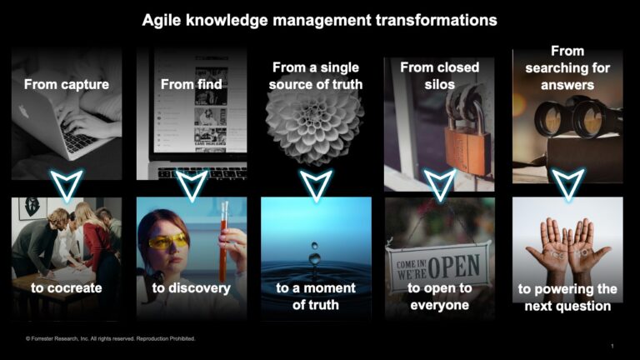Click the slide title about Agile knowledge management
(319, 19)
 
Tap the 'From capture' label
(67, 84)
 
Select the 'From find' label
(191, 84)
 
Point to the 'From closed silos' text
(439, 67)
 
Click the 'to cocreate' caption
(67, 287)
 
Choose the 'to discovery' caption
(191, 287)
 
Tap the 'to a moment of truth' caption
(316, 296)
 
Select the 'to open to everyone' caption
(440, 296)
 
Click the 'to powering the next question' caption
(567, 297)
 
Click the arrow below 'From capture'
(67, 184)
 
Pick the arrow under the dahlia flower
(316, 184)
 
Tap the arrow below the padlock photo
(440, 184)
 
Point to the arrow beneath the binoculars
(567, 184)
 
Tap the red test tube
(223, 242)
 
